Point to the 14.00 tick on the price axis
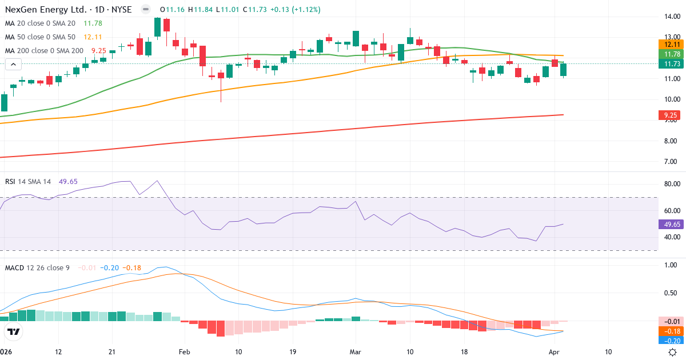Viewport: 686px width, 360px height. (669, 16)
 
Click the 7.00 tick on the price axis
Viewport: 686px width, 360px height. (669, 162)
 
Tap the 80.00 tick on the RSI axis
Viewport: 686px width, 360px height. (669, 184)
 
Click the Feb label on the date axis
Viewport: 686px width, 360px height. (184, 352)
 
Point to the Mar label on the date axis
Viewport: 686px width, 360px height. (356, 352)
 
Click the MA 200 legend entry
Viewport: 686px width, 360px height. (44, 50)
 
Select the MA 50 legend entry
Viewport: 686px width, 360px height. (40, 37)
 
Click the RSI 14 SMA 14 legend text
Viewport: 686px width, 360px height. (28, 182)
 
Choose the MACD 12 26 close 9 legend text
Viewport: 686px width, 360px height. (38, 267)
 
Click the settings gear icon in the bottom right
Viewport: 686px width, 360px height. (673, 352)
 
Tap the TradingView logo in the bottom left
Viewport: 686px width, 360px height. (14, 331)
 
